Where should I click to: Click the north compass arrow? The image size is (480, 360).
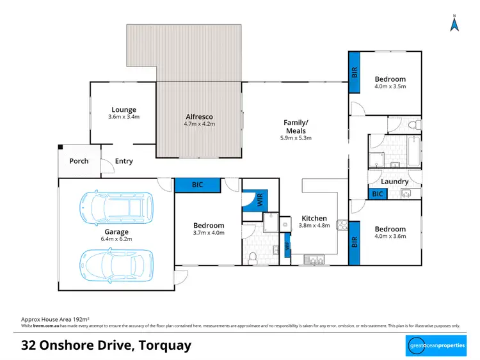coord(454,24)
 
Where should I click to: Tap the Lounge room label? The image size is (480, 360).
coord(124,109)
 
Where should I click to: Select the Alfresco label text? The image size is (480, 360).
coord(199,117)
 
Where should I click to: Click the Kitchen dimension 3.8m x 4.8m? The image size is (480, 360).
coord(314,225)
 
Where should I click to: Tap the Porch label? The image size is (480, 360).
coord(79,161)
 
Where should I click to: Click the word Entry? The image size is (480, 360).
coord(124,161)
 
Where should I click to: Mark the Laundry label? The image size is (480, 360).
coord(395,182)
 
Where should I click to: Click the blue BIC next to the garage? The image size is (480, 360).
coord(198,185)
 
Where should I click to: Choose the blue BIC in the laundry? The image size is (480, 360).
coord(378,194)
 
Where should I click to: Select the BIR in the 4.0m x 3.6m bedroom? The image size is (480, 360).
coord(355,243)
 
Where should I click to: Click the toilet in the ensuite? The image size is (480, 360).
coord(253,257)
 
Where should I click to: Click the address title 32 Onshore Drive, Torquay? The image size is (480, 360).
coord(106,346)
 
